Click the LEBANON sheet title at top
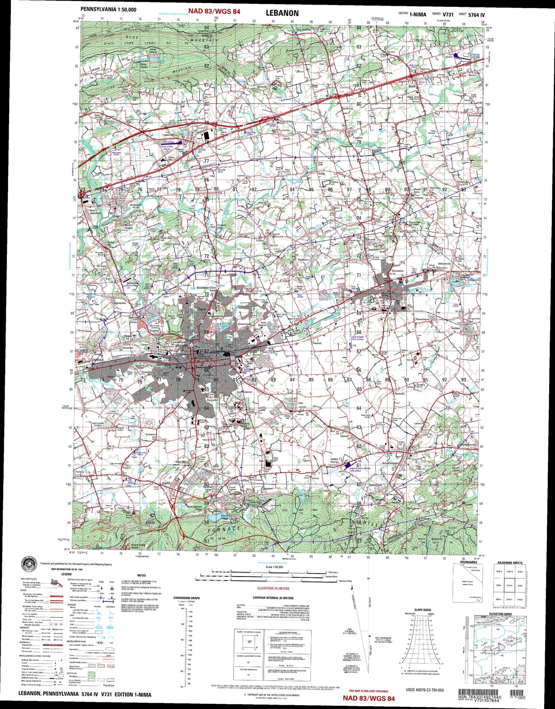(282, 13)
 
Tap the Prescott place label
(317, 343)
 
